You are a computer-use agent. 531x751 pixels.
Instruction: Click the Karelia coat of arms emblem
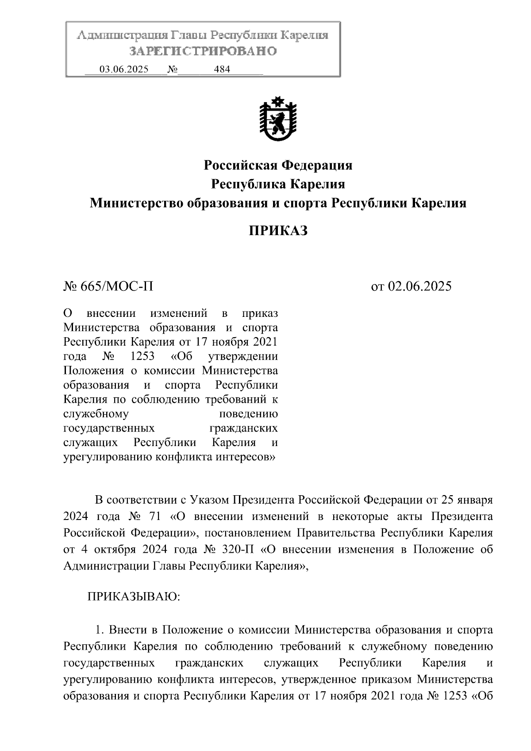coord(278,119)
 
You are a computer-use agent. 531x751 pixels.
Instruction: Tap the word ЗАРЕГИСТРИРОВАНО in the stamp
coord(203,51)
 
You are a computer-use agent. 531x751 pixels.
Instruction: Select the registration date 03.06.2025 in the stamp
coord(124,69)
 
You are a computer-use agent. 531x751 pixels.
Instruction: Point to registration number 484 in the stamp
coord(222,69)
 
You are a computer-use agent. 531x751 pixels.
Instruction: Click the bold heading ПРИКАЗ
coord(277,231)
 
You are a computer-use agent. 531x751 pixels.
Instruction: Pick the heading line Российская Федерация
coord(278,166)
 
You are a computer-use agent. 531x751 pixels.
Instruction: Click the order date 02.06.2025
coord(420,286)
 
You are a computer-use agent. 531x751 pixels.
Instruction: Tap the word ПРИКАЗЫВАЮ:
coord(134,597)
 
